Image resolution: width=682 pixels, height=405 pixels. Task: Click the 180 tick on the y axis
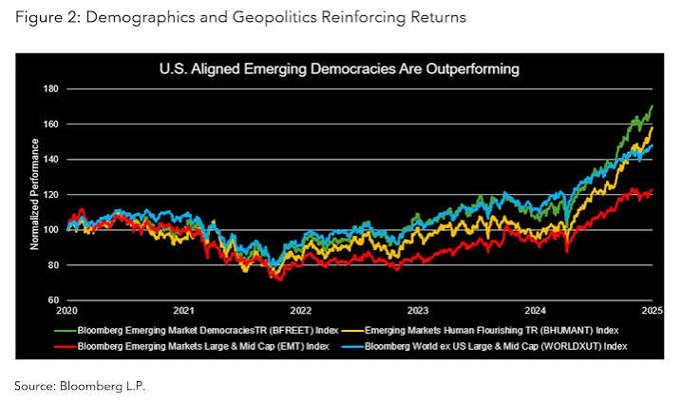(x=51, y=88)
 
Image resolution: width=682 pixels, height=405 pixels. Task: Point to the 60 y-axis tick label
(x=53, y=300)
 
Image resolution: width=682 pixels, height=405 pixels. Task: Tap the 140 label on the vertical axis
(x=51, y=160)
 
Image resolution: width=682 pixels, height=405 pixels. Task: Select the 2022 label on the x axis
(x=301, y=311)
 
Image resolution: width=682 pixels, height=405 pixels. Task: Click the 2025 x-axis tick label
(x=653, y=311)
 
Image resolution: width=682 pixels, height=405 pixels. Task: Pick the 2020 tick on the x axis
(x=67, y=311)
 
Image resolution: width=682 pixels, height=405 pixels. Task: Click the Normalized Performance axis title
(x=34, y=194)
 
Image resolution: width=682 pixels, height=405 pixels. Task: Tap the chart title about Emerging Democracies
(x=339, y=68)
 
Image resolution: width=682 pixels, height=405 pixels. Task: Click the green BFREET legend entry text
(x=208, y=331)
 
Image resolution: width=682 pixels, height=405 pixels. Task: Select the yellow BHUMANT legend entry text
(x=491, y=331)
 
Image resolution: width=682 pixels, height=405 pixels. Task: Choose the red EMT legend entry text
(x=203, y=346)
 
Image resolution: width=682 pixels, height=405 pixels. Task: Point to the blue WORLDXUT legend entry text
(x=496, y=346)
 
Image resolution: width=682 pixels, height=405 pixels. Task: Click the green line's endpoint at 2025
(x=653, y=106)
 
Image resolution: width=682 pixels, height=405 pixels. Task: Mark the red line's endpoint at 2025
(x=653, y=190)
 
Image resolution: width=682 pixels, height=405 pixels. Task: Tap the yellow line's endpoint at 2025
(x=653, y=128)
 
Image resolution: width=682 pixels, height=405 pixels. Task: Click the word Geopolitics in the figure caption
(x=274, y=17)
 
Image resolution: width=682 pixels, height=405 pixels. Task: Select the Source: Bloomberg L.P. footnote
(x=80, y=386)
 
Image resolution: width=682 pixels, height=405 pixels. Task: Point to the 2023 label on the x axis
(x=418, y=311)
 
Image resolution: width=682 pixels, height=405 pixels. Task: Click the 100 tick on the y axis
(x=51, y=229)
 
